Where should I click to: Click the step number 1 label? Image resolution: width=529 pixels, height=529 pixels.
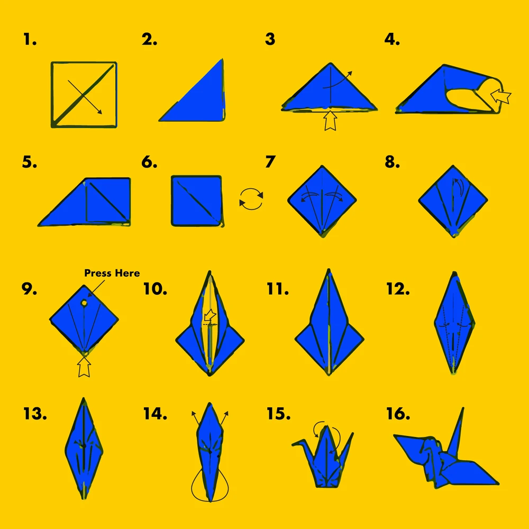click(x=30, y=40)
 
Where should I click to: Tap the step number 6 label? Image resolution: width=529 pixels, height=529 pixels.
click(x=149, y=162)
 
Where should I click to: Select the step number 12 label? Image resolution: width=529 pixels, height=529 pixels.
click(x=398, y=289)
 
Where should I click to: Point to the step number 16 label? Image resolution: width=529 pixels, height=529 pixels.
click(x=398, y=414)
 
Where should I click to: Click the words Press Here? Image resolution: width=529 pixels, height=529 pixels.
click(x=112, y=273)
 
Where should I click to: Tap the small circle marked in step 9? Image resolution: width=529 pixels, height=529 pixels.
click(x=84, y=303)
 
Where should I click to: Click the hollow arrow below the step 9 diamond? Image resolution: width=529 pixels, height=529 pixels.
click(x=84, y=367)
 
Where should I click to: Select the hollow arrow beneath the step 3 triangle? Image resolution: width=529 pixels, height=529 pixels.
click(x=330, y=121)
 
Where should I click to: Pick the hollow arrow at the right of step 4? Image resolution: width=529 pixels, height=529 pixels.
click(x=500, y=96)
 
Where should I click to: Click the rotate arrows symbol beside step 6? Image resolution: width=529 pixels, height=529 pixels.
click(x=251, y=199)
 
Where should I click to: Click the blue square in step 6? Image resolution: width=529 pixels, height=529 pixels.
click(x=197, y=200)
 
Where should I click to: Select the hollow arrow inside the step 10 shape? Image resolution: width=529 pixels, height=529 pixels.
click(x=210, y=315)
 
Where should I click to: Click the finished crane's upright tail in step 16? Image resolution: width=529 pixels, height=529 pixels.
click(x=457, y=430)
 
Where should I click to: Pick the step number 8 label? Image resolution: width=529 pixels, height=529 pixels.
click(x=393, y=162)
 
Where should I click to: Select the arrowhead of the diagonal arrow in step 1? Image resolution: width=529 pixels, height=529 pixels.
click(x=99, y=112)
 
